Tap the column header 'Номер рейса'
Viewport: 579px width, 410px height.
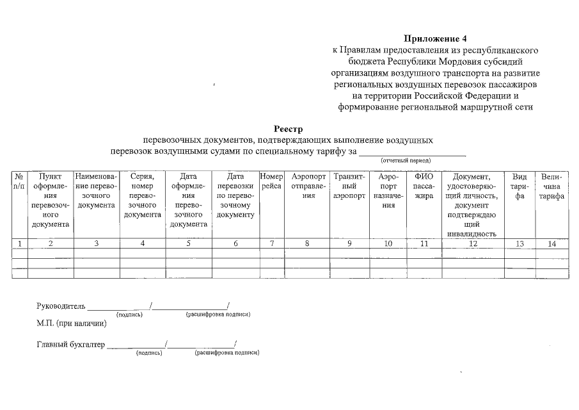click(x=272, y=181)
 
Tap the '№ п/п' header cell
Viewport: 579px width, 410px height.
click(x=19, y=181)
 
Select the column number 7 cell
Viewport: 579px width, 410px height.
click(x=272, y=243)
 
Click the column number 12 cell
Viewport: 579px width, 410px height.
click(x=472, y=243)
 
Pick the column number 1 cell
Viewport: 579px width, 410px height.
click(x=20, y=243)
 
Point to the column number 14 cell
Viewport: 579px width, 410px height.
click(x=551, y=243)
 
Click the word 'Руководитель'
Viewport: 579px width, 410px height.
click(x=61, y=306)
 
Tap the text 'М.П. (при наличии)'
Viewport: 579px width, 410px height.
click(x=72, y=323)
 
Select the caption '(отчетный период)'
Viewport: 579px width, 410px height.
click(x=406, y=160)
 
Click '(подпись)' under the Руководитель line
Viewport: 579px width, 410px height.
click(x=129, y=315)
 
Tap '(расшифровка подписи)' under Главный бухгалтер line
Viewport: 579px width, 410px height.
click(x=226, y=353)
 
